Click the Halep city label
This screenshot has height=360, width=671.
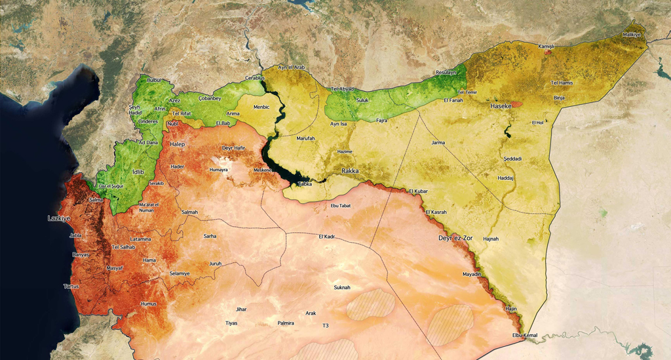(178, 144)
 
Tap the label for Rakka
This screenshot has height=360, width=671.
(351, 170)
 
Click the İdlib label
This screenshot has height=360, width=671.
(138, 172)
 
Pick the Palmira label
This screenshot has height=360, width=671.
(285, 323)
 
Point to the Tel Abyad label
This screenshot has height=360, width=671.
(342, 89)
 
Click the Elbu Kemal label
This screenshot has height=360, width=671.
(524, 336)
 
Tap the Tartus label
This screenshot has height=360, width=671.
(71, 287)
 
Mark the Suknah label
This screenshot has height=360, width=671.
(342, 287)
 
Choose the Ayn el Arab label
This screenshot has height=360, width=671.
(292, 68)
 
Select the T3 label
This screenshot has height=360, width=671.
(325, 326)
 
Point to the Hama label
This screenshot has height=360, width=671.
(149, 260)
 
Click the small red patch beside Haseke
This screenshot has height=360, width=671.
(517, 104)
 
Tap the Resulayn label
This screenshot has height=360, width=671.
(446, 72)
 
